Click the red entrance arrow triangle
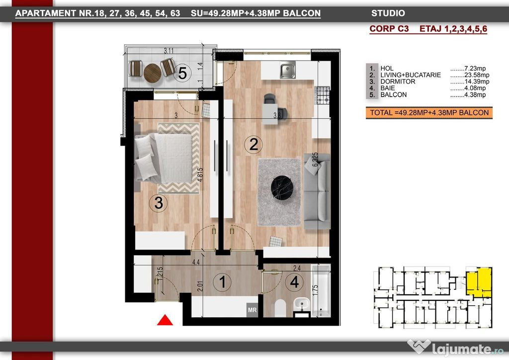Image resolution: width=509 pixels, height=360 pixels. (165, 320)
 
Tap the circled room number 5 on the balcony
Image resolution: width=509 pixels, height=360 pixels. (182, 73)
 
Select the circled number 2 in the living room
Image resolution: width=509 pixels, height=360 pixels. (254, 144)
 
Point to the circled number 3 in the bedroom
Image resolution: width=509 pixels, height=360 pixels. (159, 203)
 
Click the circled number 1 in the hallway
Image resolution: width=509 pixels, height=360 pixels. (222, 282)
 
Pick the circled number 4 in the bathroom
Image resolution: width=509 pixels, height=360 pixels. (294, 282)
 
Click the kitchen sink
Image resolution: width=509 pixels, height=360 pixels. (288, 70)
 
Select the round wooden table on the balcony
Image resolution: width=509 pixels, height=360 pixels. (152, 73)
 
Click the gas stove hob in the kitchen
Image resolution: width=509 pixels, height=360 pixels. (323, 95)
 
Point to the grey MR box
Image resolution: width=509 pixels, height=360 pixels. (252, 310)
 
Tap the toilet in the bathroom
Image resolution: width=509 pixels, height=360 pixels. (280, 308)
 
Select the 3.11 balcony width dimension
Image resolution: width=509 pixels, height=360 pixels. (169, 51)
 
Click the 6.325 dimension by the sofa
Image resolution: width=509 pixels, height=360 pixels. (315, 160)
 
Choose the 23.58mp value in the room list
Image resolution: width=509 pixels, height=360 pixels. (477, 75)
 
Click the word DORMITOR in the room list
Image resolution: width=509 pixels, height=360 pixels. (398, 82)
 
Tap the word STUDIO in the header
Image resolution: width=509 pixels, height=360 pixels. (388, 13)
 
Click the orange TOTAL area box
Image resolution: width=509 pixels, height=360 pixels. (429, 113)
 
